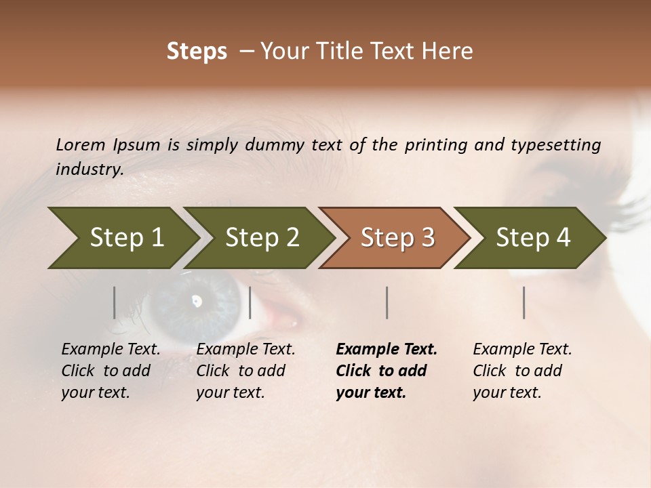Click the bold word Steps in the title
pos(197,52)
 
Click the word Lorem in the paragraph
pos(80,145)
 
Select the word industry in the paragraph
pos(90,169)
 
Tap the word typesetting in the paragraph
pos(555,145)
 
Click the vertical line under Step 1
pos(115,302)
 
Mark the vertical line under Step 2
pos(250,302)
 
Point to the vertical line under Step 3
pos(387,302)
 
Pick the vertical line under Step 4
pos(524,302)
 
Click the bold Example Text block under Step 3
pos(387,371)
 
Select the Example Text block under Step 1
pos(111,371)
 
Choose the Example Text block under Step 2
pos(245,371)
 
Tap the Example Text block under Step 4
pos(522,371)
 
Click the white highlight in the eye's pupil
pos(197,300)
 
